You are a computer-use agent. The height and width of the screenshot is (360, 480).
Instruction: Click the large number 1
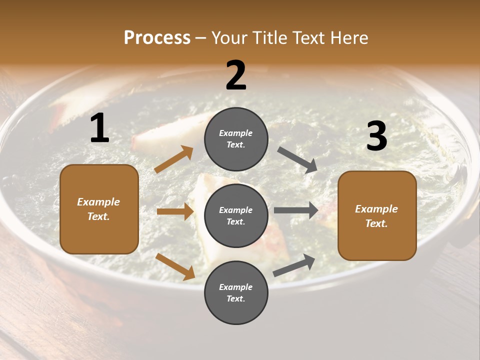pos(99,128)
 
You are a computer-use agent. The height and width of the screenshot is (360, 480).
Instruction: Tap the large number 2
pos(236,75)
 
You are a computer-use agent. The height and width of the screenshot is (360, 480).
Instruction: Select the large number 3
pos(376,136)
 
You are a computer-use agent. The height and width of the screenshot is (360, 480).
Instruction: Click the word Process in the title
pos(157,37)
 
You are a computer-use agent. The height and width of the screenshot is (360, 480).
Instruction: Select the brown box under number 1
pos(99,209)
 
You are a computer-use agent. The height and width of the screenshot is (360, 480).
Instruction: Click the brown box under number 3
pos(377,216)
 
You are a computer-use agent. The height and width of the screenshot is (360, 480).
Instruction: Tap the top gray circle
pos(236,139)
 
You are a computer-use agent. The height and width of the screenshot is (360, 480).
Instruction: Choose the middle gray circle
pos(236,215)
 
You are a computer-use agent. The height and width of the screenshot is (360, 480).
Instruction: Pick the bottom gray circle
pos(236,292)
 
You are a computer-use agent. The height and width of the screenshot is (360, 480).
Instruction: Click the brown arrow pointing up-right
pos(174,159)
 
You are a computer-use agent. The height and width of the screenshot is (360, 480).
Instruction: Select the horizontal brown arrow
pos(175,211)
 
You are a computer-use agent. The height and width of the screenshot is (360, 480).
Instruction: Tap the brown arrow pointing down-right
pos(175,266)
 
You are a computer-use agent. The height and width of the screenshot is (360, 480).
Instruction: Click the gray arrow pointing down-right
pos(297,159)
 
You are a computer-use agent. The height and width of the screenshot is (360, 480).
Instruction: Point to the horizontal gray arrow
pos(296,210)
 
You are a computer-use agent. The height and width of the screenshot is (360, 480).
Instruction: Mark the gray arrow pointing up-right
pos(294,265)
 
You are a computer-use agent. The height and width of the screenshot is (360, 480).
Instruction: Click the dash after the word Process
pos(201,38)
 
